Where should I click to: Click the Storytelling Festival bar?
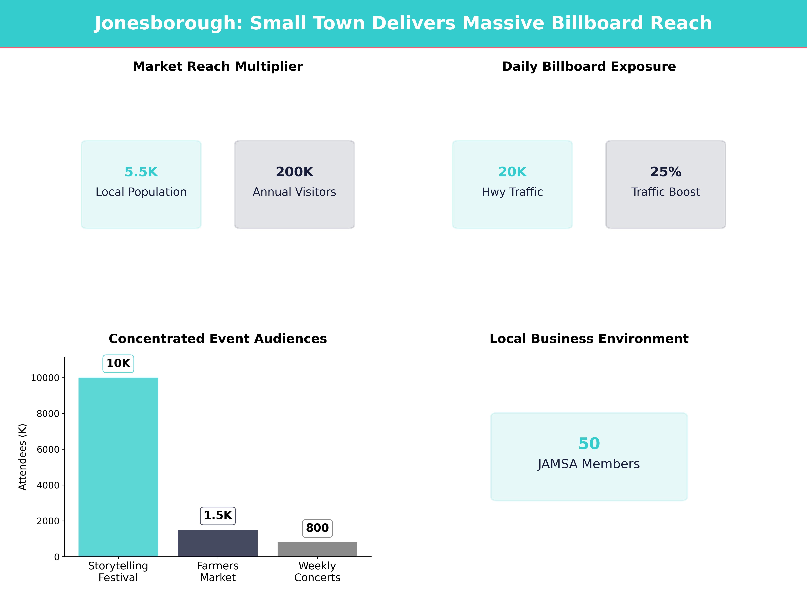pos(118,467)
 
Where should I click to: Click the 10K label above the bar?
pos(118,363)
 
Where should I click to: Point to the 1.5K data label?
pos(218,515)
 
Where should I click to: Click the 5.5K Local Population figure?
pos(141,172)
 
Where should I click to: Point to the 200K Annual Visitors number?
pos(294,172)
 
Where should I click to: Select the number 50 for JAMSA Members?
pos(589,443)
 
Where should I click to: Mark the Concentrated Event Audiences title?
pos(218,339)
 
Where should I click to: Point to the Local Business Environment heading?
pos(589,339)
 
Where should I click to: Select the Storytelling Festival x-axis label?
pos(118,571)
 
